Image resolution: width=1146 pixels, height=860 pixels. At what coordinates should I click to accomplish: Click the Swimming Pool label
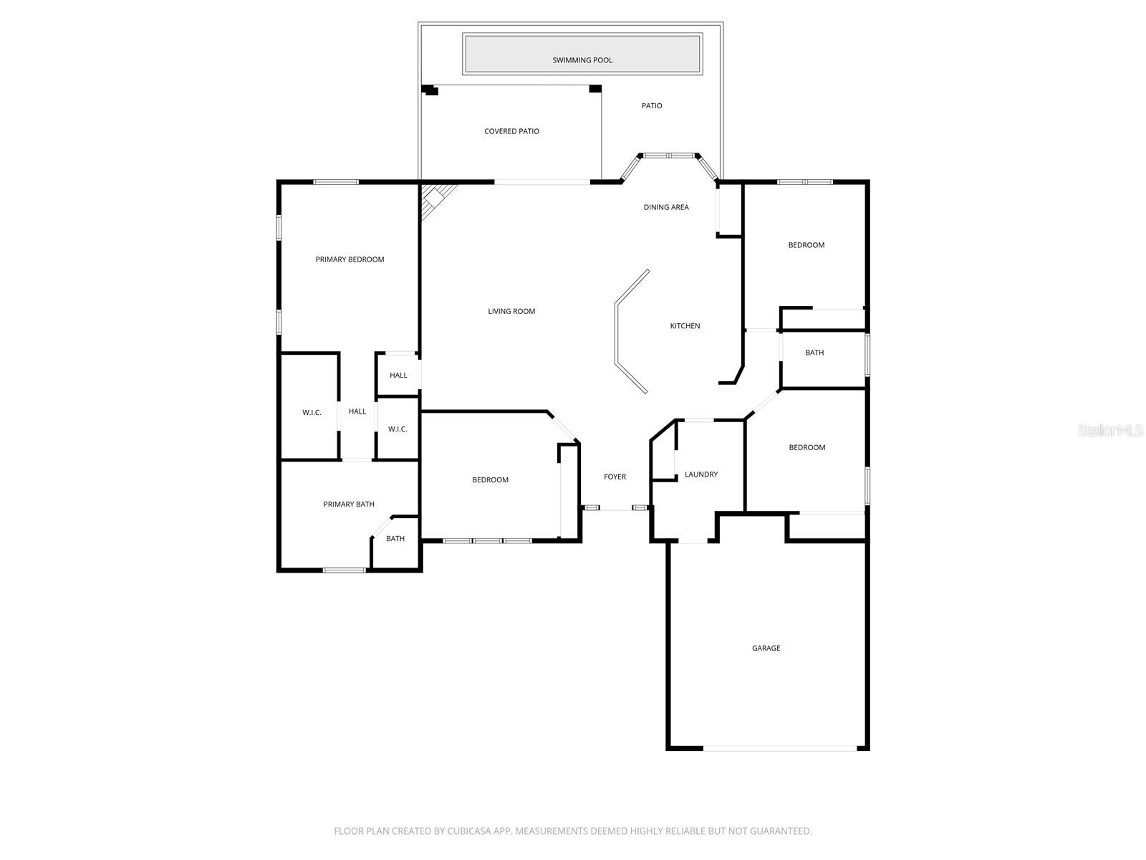tap(582, 60)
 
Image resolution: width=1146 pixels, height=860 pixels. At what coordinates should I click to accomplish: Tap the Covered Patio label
tap(511, 131)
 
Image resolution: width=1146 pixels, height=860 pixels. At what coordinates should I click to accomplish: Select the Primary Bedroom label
tap(350, 259)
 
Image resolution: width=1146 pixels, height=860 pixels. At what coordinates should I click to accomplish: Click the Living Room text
tap(511, 311)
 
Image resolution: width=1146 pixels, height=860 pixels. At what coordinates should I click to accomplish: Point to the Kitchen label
tap(685, 326)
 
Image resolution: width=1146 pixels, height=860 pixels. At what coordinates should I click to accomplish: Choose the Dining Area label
tap(666, 207)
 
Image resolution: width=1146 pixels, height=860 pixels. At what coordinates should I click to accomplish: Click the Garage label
tap(766, 648)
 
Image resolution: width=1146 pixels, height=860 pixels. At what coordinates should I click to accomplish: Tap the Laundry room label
tap(701, 474)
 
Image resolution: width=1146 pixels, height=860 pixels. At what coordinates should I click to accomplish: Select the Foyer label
tap(615, 477)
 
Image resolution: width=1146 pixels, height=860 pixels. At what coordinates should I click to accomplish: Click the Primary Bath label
tap(349, 505)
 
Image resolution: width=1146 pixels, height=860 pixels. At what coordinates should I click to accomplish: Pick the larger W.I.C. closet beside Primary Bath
tap(312, 413)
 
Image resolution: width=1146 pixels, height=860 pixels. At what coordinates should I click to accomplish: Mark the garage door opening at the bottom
tap(779, 748)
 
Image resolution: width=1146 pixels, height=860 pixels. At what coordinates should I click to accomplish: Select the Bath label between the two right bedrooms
tap(814, 353)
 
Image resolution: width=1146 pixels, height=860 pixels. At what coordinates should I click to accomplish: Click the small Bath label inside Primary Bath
tap(395, 539)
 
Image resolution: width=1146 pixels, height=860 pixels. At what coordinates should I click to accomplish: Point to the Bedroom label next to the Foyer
tap(490, 480)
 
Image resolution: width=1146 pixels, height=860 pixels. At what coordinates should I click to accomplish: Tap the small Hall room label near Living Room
tap(398, 376)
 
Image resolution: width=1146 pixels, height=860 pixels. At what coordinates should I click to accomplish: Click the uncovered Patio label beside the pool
tap(652, 106)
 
